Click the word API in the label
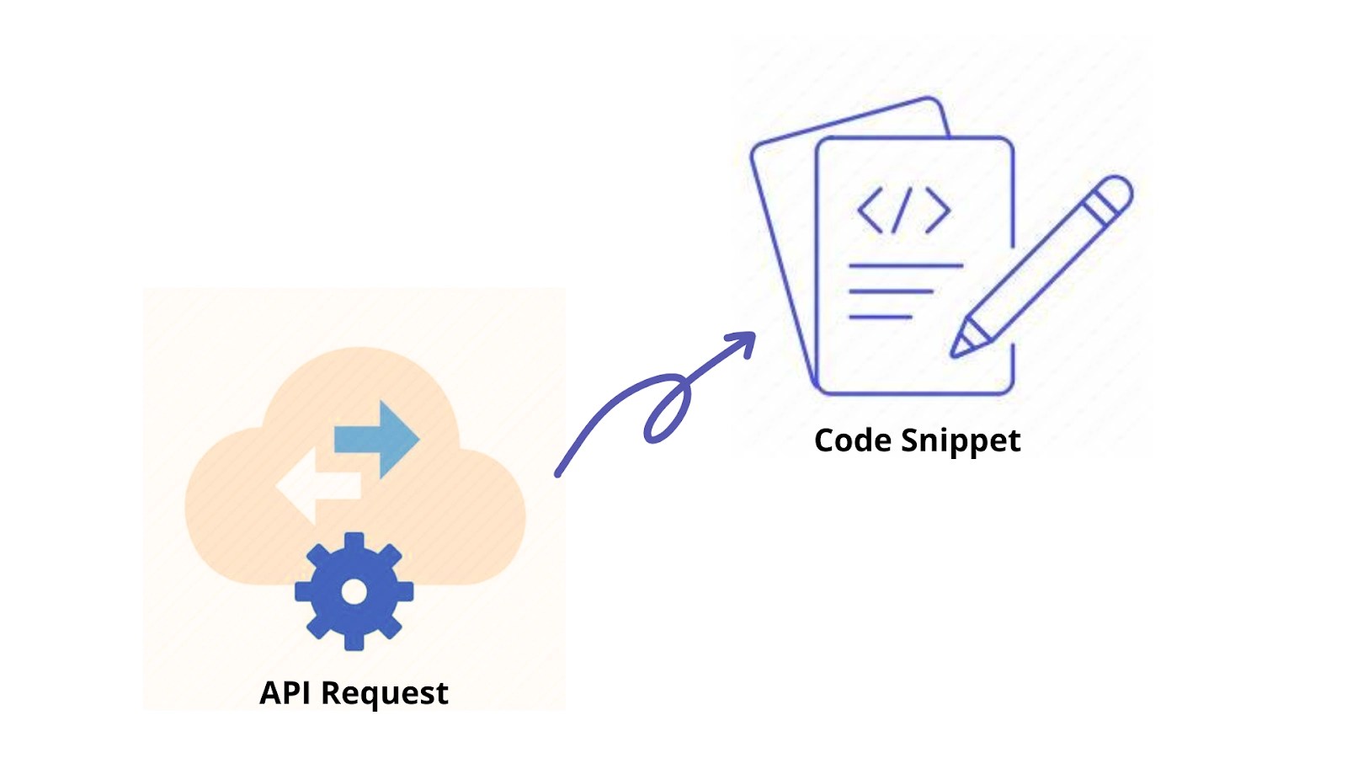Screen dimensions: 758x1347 [x=285, y=693]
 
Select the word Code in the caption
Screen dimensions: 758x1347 [x=852, y=440]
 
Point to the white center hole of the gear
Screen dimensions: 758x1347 [x=354, y=592]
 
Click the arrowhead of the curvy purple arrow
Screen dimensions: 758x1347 [x=744, y=340]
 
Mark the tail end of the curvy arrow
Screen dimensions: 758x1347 [x=558, y=474]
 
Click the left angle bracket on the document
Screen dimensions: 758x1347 [x=870, y=210]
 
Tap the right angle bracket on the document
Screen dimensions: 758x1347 [x=938, y=210]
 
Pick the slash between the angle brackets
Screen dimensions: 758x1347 [x=903, y=210]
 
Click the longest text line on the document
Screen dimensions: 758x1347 [x=905, y=266]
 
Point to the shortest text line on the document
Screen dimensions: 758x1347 [x=880, y=317]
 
